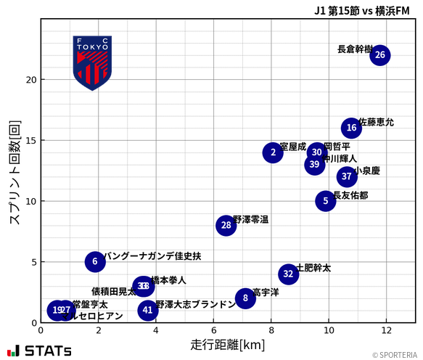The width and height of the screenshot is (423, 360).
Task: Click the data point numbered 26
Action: coord(379,55)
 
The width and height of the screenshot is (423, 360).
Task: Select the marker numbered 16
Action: coord(351,128)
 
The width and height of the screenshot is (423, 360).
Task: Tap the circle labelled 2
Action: coord(273,152)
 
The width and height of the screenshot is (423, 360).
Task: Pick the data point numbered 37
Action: coord(347,176)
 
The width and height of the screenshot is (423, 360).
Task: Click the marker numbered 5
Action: coord(326,201)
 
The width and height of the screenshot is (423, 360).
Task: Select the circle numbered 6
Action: coord(95,261)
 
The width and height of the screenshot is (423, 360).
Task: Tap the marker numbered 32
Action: coord(288,274)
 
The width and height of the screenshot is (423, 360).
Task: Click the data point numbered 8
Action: coord(245,298)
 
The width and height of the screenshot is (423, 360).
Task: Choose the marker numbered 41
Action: coord(148,310)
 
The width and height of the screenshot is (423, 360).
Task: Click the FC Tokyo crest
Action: coord(92,63)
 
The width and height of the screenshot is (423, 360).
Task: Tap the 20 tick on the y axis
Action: coord(30,80)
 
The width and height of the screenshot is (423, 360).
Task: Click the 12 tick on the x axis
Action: coord(386,331)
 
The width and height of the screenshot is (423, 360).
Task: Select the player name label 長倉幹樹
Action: coord(355,49)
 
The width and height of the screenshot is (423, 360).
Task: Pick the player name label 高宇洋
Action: coord(266,292)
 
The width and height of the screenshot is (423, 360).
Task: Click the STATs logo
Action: coord(40,351)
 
